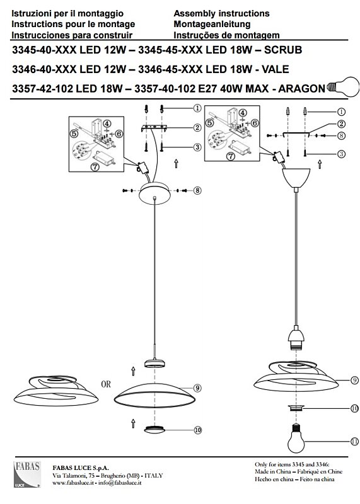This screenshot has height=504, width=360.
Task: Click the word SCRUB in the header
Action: click(283, 50)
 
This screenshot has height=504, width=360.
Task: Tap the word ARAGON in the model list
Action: click(302, 89)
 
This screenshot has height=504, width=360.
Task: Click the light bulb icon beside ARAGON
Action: click(342, 87)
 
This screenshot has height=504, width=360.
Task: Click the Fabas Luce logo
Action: click(27, 474)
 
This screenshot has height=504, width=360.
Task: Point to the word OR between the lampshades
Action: click(106, 384)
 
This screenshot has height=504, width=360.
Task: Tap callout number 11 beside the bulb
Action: click(354, 442)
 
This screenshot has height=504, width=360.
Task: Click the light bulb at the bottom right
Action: click(296, 438)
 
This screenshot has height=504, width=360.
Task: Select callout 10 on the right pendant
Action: click(354, 408)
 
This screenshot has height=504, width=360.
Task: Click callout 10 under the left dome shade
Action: click(197, 430)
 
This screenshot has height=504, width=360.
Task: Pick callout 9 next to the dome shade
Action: click(197, 388)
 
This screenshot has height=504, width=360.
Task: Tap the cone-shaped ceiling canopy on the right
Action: click(296, 178)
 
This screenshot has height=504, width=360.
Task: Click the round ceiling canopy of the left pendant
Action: click(154, 193)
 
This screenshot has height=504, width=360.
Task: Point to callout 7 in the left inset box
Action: click(95, 167)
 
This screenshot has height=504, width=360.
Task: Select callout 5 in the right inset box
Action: click(210, 122)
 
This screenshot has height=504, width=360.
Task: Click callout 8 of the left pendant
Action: click(197, 191)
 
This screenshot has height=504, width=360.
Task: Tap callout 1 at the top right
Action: click(341, 112)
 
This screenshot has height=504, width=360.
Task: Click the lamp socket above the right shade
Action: click(296, 338)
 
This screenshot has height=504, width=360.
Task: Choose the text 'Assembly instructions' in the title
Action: click(221, 13)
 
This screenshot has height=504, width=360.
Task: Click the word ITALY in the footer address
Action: click(154, 476)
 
